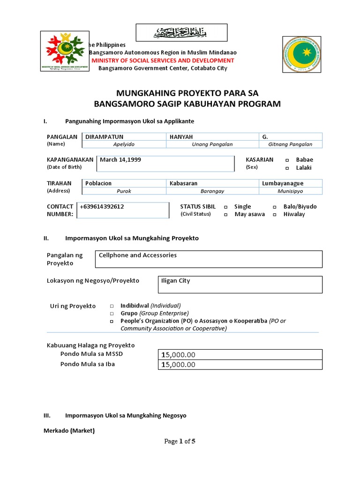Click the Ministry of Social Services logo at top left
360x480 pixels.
[x=64, y=51]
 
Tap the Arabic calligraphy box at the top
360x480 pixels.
[x=181, y=33]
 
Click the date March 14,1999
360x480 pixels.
[x=120, y=159]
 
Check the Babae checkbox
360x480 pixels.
[x=286, y=160]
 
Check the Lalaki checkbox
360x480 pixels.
[x=286, y=168]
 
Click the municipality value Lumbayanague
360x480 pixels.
[x=283, y=183]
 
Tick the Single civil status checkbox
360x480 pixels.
[x=225, y=207]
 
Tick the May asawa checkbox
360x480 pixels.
[x=225, y=215]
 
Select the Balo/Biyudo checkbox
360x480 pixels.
[x=274, y=207]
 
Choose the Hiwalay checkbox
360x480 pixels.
[x=274, y=215]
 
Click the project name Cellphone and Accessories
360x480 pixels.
[x=137, y=255]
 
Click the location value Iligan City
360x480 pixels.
[x=175, y=281]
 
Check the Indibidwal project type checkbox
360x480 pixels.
[x=112, y=306]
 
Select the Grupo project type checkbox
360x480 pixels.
[x=112, y=314]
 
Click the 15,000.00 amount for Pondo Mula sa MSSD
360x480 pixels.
[x=178, y=355]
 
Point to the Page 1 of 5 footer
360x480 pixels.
[x=180, y=441]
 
